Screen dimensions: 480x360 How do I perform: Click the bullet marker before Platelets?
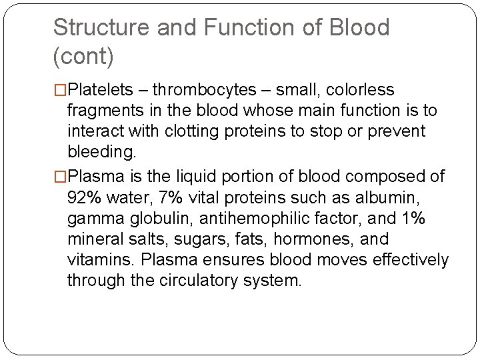[x=61, y=90]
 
